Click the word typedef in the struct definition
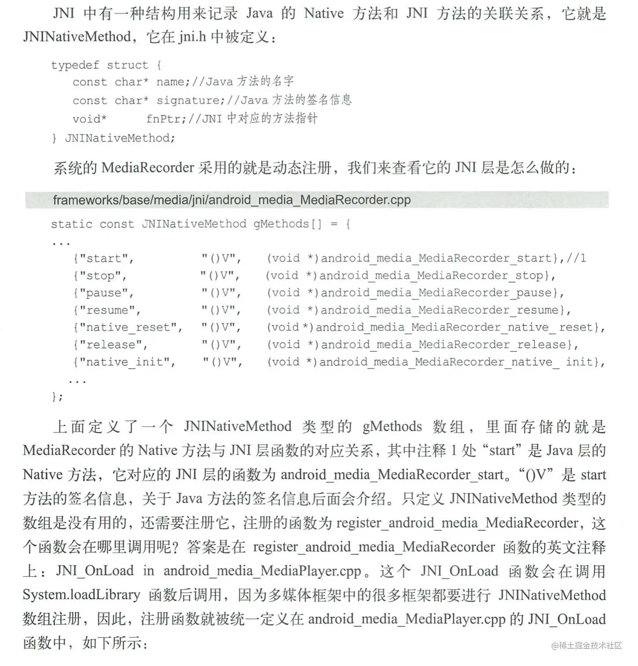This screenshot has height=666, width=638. (75, 66)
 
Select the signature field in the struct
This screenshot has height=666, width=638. (187, 101)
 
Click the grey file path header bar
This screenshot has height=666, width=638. (317, 200)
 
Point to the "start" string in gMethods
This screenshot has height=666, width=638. (106, 259)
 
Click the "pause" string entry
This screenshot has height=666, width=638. (106, 293)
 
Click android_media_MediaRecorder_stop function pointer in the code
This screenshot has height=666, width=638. (434, 276)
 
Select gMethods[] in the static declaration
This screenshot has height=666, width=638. (287, 224)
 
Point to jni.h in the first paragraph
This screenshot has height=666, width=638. (192, 37)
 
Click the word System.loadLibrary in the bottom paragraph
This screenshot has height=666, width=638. (81, 595)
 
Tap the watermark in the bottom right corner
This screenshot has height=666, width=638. (586, 645)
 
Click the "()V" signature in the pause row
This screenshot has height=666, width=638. (221, 293)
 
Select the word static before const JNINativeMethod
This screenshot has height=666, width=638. (71, 224)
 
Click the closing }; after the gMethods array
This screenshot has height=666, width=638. (57, 397)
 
